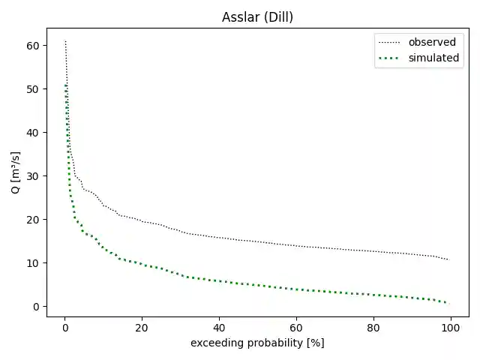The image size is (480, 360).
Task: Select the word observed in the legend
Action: [431, 42]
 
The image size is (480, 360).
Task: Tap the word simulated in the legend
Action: [433, 58]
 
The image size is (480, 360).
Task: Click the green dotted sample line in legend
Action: [390, 58]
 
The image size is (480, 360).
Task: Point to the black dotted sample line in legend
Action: [390, 42]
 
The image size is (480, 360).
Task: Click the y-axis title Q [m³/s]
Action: [16, 172]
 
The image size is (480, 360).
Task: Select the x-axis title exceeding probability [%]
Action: [257, 343]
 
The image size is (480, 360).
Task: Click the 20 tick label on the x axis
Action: [142, 327]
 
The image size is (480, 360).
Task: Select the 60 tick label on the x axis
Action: [296, 327]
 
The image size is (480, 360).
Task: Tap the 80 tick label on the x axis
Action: [373, 327]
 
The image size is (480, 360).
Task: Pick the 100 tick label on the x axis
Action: [450, 327]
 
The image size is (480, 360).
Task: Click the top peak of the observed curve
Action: [65, 41]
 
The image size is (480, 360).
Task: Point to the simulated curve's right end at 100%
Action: [448, 303]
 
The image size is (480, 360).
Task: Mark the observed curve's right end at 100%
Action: [448, 259]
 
